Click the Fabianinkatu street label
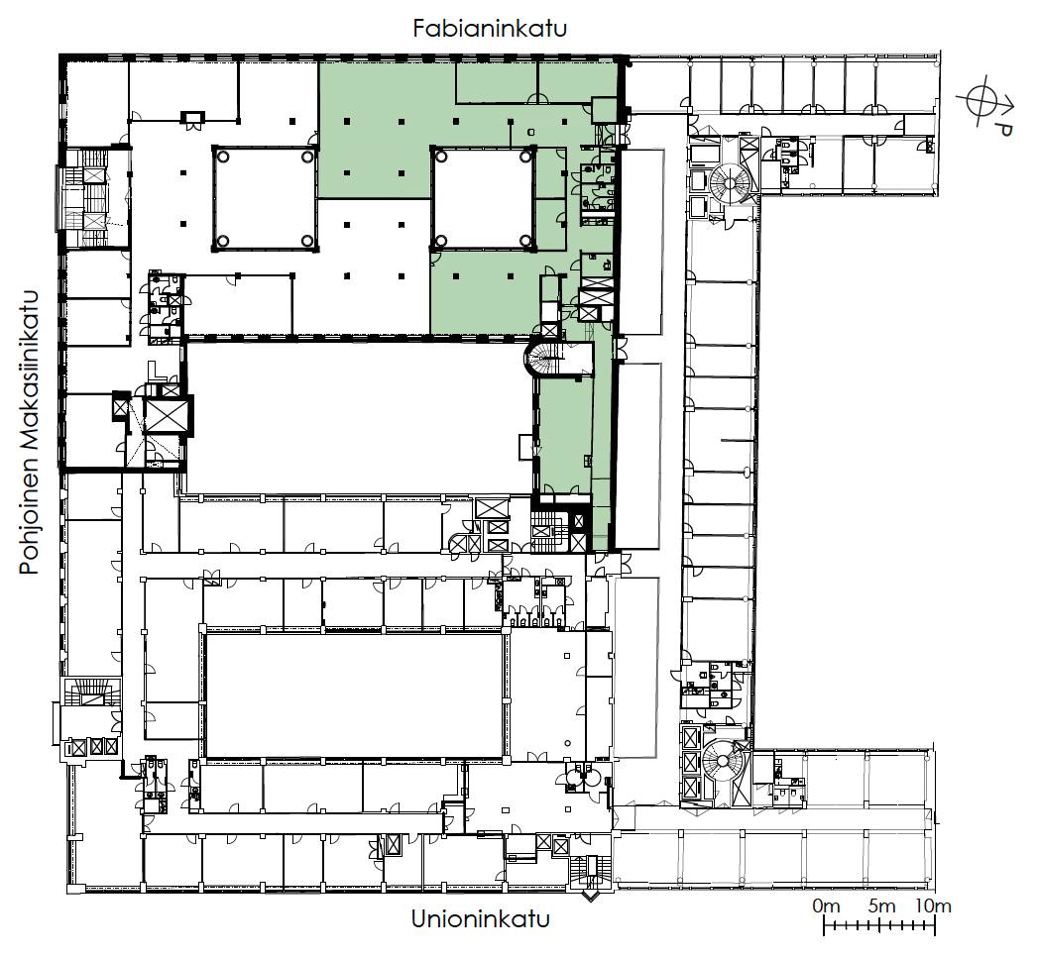click(x=490, y=29)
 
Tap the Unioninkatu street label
click(x=480, y=918)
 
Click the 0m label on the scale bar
click(x=827, y=906)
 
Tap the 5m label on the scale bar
click(x=881, y=906)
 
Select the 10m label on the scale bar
click(x=934, y=906)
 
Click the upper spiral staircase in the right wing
click(x=731, y=180)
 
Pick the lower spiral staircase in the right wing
click(x=724, y=760)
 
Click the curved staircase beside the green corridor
click(x=542, y=358)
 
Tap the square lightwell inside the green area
click(x=482, y=199)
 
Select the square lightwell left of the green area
click(x=266, y=199)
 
